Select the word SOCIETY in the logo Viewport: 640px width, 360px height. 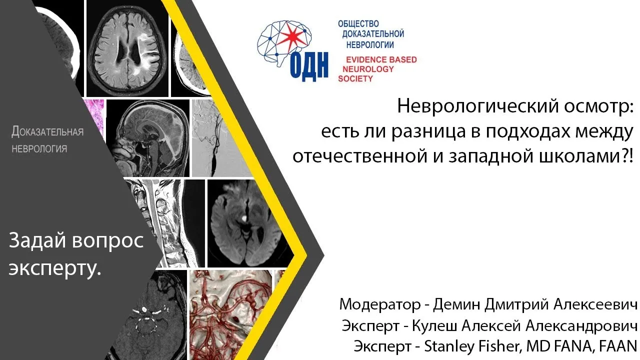355,78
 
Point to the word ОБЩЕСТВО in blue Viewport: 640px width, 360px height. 358,23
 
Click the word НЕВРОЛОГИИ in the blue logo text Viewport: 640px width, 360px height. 370,45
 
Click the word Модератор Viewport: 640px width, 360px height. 380,304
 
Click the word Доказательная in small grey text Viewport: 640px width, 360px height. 47,131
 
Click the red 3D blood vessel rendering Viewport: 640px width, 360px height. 231,315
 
